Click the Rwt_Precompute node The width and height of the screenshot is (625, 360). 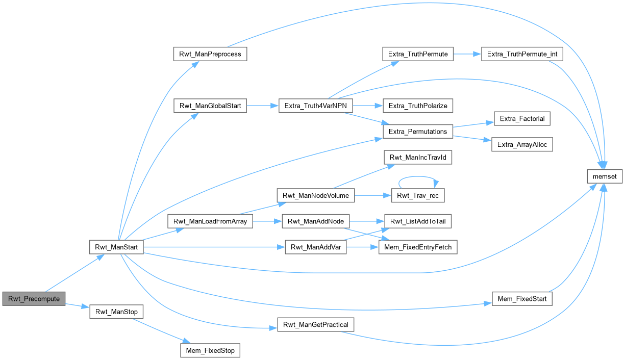(x=34, y=299)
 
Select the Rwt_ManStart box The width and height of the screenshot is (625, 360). (x=116, y=247)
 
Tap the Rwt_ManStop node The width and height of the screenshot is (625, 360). (x=116, y=312)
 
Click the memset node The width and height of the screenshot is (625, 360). (x=605, y=177)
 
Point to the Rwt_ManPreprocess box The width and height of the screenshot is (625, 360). (x=210, y=54)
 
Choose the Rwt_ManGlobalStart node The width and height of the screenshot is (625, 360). (x=210, y=106)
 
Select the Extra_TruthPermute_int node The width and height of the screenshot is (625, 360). (x=522, y=54)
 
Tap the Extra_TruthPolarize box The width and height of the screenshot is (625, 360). (x=418, y=106)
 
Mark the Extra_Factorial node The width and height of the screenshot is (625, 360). (x=522, y=119)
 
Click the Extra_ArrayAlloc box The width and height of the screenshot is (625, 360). (x=522, y=145)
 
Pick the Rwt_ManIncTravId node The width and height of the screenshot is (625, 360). (x=418, y=158)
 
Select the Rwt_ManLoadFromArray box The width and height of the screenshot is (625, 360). (x=210, y=222)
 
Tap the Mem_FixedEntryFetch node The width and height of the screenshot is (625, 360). (x=418, y=247)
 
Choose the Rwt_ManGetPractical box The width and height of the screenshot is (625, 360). (x=315, y=325)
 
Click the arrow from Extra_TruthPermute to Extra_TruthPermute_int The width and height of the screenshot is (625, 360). (x=467, y=54)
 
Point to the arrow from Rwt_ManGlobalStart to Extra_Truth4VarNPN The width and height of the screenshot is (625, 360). (x=262, y=106)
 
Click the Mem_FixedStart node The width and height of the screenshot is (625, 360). (x=522, y=299)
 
